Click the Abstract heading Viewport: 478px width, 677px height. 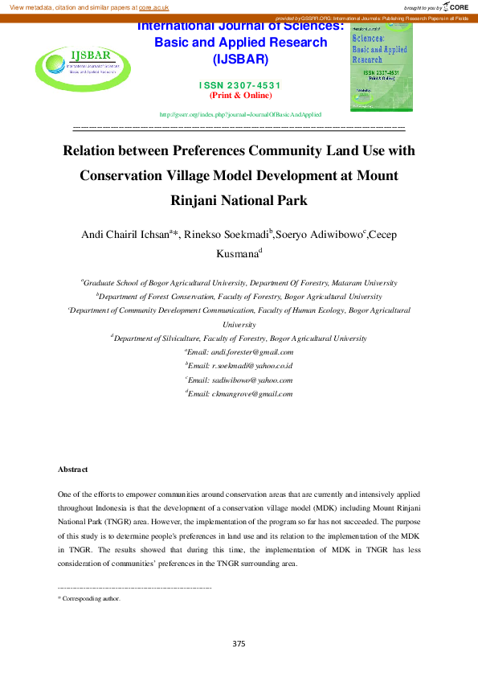click(73, 469)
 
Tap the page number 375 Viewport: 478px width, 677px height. click(239, 643)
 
